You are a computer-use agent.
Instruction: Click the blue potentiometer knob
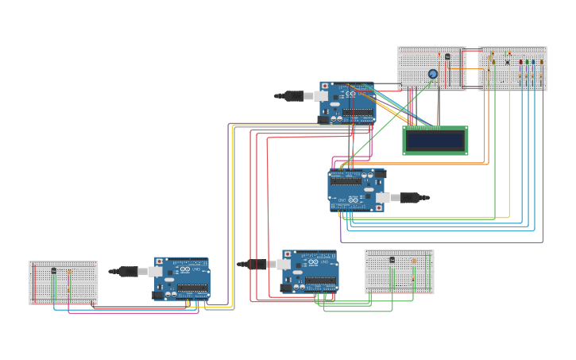tap(433, 74)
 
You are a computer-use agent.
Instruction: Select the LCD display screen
tap(435, 141)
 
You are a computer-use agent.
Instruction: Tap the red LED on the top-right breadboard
tap(521, 62)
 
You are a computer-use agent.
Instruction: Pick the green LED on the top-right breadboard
tap(527, 62)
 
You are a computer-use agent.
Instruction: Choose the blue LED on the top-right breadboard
tap(533, 62)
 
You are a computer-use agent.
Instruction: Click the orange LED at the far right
tap(542, 62)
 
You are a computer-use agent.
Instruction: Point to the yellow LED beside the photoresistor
tap(493, 61)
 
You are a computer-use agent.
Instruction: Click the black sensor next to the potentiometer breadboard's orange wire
tap(447, 56)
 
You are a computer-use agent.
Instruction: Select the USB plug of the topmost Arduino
tap(296, 96)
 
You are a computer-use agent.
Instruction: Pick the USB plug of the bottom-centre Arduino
tap(257, 264)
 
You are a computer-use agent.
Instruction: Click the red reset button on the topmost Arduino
tap(325, 85)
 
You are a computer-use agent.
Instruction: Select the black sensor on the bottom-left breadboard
tap(54, 271)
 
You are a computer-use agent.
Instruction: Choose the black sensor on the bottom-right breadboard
tap(392, 260)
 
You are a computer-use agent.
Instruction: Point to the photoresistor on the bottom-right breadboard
tap(414, 261)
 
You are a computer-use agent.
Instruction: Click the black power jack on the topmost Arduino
tap(323, 119)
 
